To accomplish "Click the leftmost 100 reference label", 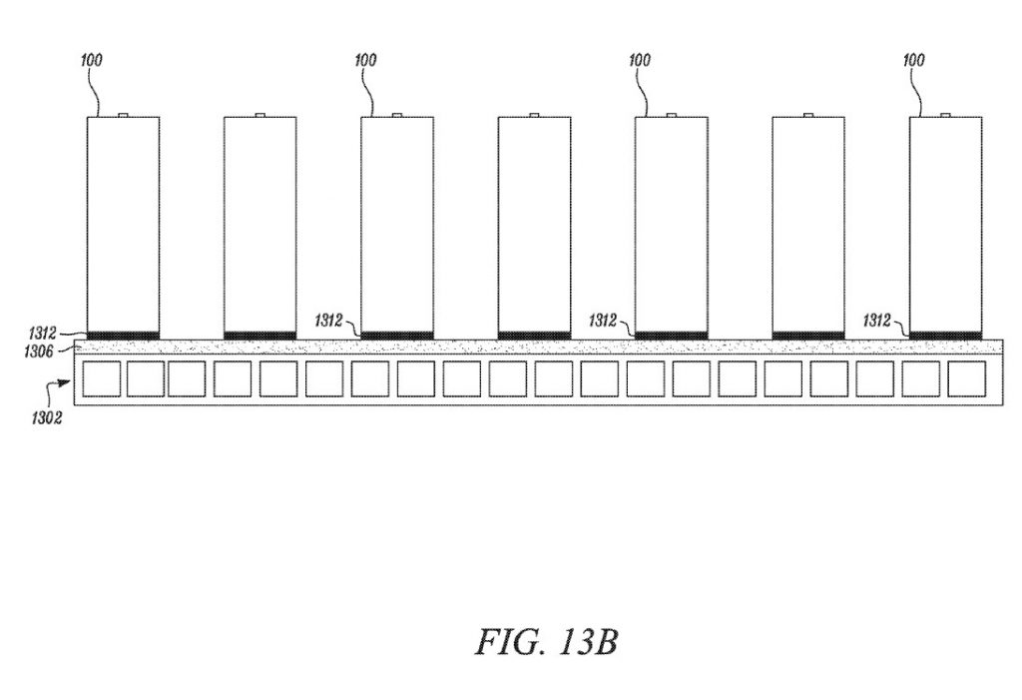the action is pyautogui.click(x=91, y=60).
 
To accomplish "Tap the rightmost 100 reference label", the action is pyautogui.click(x=913, y=60).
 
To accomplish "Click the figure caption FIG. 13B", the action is pyautogui.click(x=546, y=642).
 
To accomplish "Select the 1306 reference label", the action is pyautogui.click(x=39, y=350).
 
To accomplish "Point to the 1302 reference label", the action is pyautogui.click(x=46, y=417).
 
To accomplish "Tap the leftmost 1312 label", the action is pyautogui.click(x=42, y=334).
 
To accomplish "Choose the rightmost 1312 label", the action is pyautogui.click(x=876, y=321).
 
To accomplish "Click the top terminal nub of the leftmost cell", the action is pyautogui.click(x=123, y=115).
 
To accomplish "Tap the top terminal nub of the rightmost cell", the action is pyautogui.click(x=945, y=115).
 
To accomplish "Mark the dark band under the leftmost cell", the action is pyautogui.click(x=123, y=336).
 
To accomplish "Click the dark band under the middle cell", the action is pyautogui.click(x=535, y=336).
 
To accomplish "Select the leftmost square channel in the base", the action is pyautogui.click(x=101, y=378).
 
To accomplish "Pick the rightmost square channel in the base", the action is pyautogui.click(x=966, y=378).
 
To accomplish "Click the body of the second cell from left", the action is pyautogui.click(x=260, y=225).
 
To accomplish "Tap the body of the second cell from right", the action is pyautogui.click(x=808, y=225).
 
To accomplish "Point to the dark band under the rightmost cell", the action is pyautogui.click(x=946, y=336).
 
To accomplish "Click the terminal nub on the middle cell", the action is pyautogui.click(x=534, y=115).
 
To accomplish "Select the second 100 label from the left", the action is pyautogui.click(x=365, y=60).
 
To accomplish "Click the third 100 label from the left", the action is pyautogui.click(x=640, y=60).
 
